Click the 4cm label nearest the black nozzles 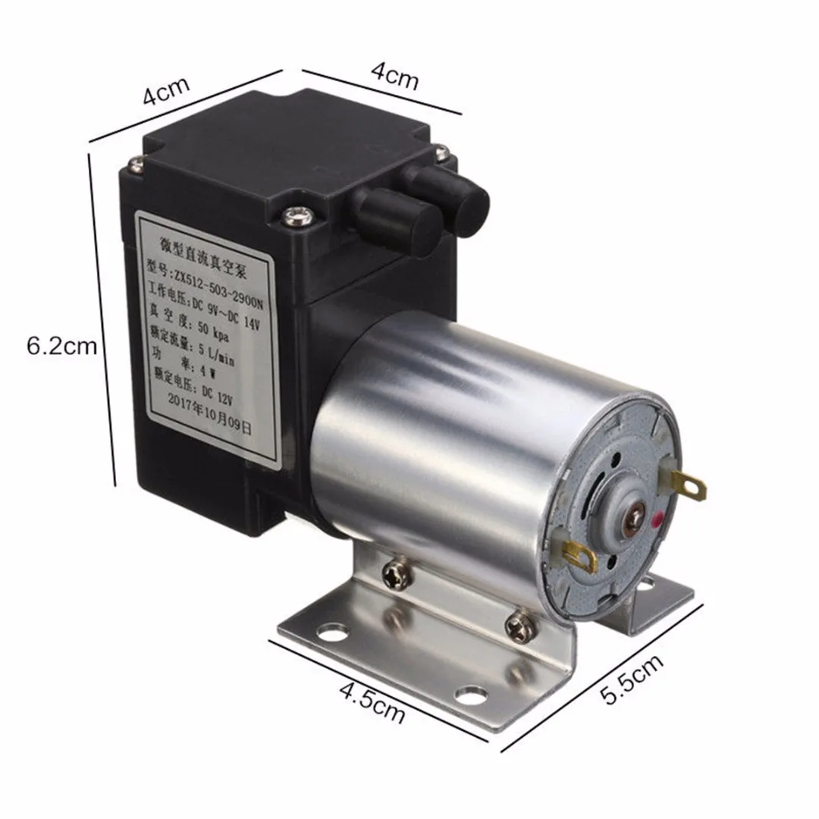394,77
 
